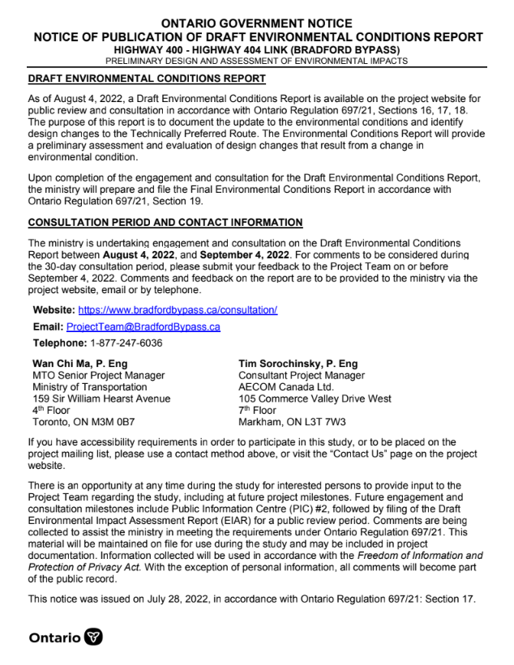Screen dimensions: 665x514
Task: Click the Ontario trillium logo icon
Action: tap(94, 637)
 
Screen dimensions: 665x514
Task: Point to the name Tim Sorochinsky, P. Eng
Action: tap(298, 364)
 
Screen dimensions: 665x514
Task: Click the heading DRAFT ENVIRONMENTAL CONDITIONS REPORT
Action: tap(147, 79)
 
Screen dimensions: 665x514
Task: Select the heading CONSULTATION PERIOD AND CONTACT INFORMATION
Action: tap(165, 223)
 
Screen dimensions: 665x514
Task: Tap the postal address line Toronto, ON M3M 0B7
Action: tap(83, 422)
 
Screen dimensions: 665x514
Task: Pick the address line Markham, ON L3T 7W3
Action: tap(292, 422)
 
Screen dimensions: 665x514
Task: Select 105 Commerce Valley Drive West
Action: tap(315, 399)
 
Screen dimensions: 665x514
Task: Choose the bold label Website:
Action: tap(54, 310)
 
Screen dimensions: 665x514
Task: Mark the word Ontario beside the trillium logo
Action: tap(54, 638)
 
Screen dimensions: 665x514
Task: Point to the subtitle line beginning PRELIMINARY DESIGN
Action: tap(257, 60)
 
